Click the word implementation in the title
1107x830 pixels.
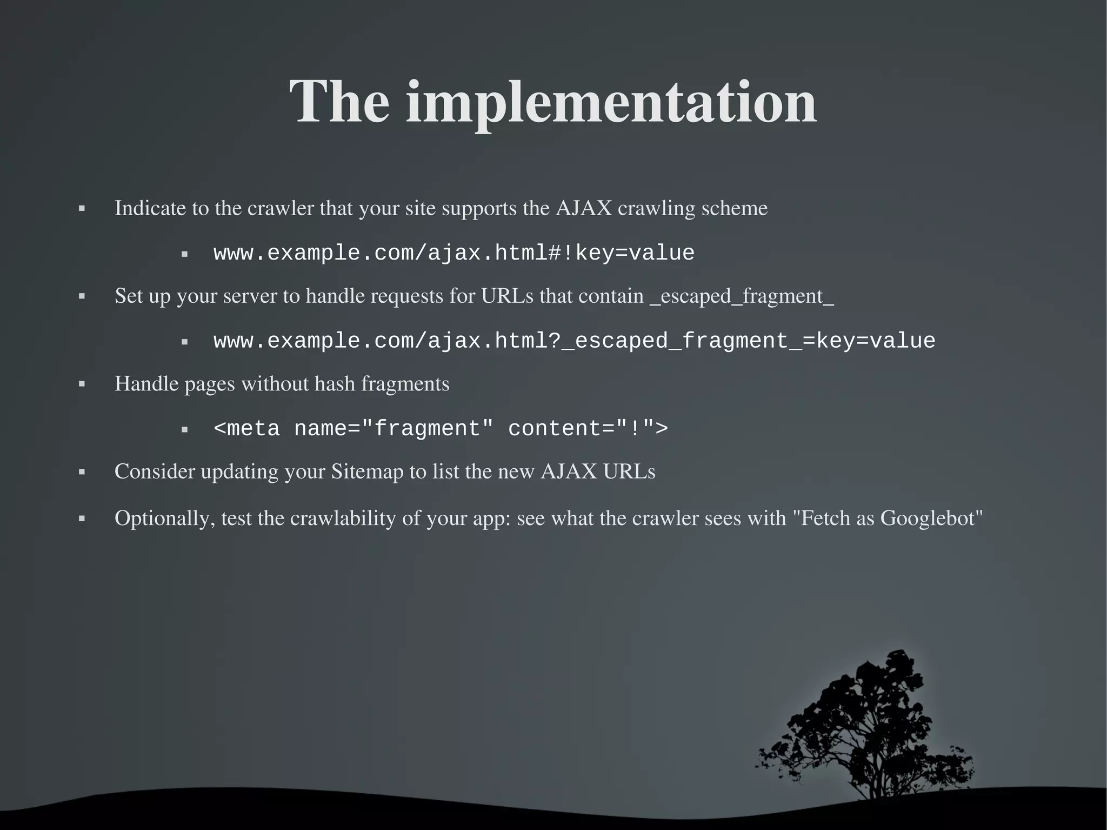[x=611, y=103]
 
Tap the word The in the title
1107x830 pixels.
[x=339, y=103]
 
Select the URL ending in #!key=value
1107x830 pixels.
[x=454, y=253]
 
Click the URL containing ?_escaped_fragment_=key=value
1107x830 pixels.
[x=574, y=341]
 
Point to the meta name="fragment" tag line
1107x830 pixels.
[x=441, y=429]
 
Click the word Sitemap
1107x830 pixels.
[x=367, y=472]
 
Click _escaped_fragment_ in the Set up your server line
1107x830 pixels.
[x=742, y=296]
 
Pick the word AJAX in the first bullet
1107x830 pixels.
[x=583, y=208]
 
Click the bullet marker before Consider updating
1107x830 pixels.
[x=82, y=472]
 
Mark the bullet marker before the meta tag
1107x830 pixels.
[x=184, y=429]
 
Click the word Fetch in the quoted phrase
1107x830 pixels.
[x=825, y=519]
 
